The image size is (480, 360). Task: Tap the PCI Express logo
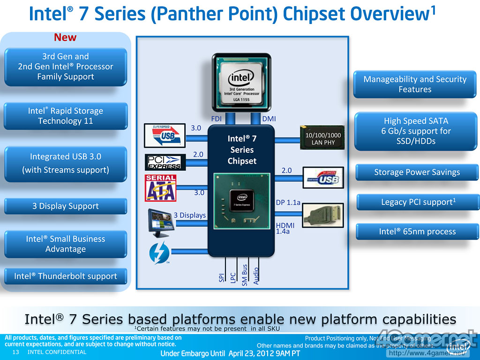tap(165, 162)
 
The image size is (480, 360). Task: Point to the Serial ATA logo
tap(160, 188)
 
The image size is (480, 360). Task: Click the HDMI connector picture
tap(323, 215)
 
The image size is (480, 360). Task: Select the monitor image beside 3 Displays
tap(160, 218)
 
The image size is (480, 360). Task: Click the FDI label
tap(217, 119)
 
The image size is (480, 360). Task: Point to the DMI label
tap(269, 119)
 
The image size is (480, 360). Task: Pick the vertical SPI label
tap(221, 277)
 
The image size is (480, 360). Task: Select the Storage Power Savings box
tap(417, 172)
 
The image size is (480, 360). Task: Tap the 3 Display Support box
tap(66, 206)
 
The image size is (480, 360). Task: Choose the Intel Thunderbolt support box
tap(66, 276)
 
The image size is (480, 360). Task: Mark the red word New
tap(65, 37)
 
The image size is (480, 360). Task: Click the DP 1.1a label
tap(288, 202)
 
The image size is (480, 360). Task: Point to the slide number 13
tap(15, 352)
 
